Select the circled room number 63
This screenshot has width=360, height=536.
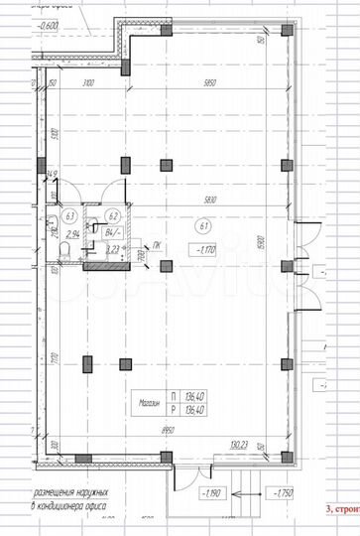point(69,215)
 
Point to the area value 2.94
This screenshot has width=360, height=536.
point(71,235)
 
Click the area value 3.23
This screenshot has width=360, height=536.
point(113,250)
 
